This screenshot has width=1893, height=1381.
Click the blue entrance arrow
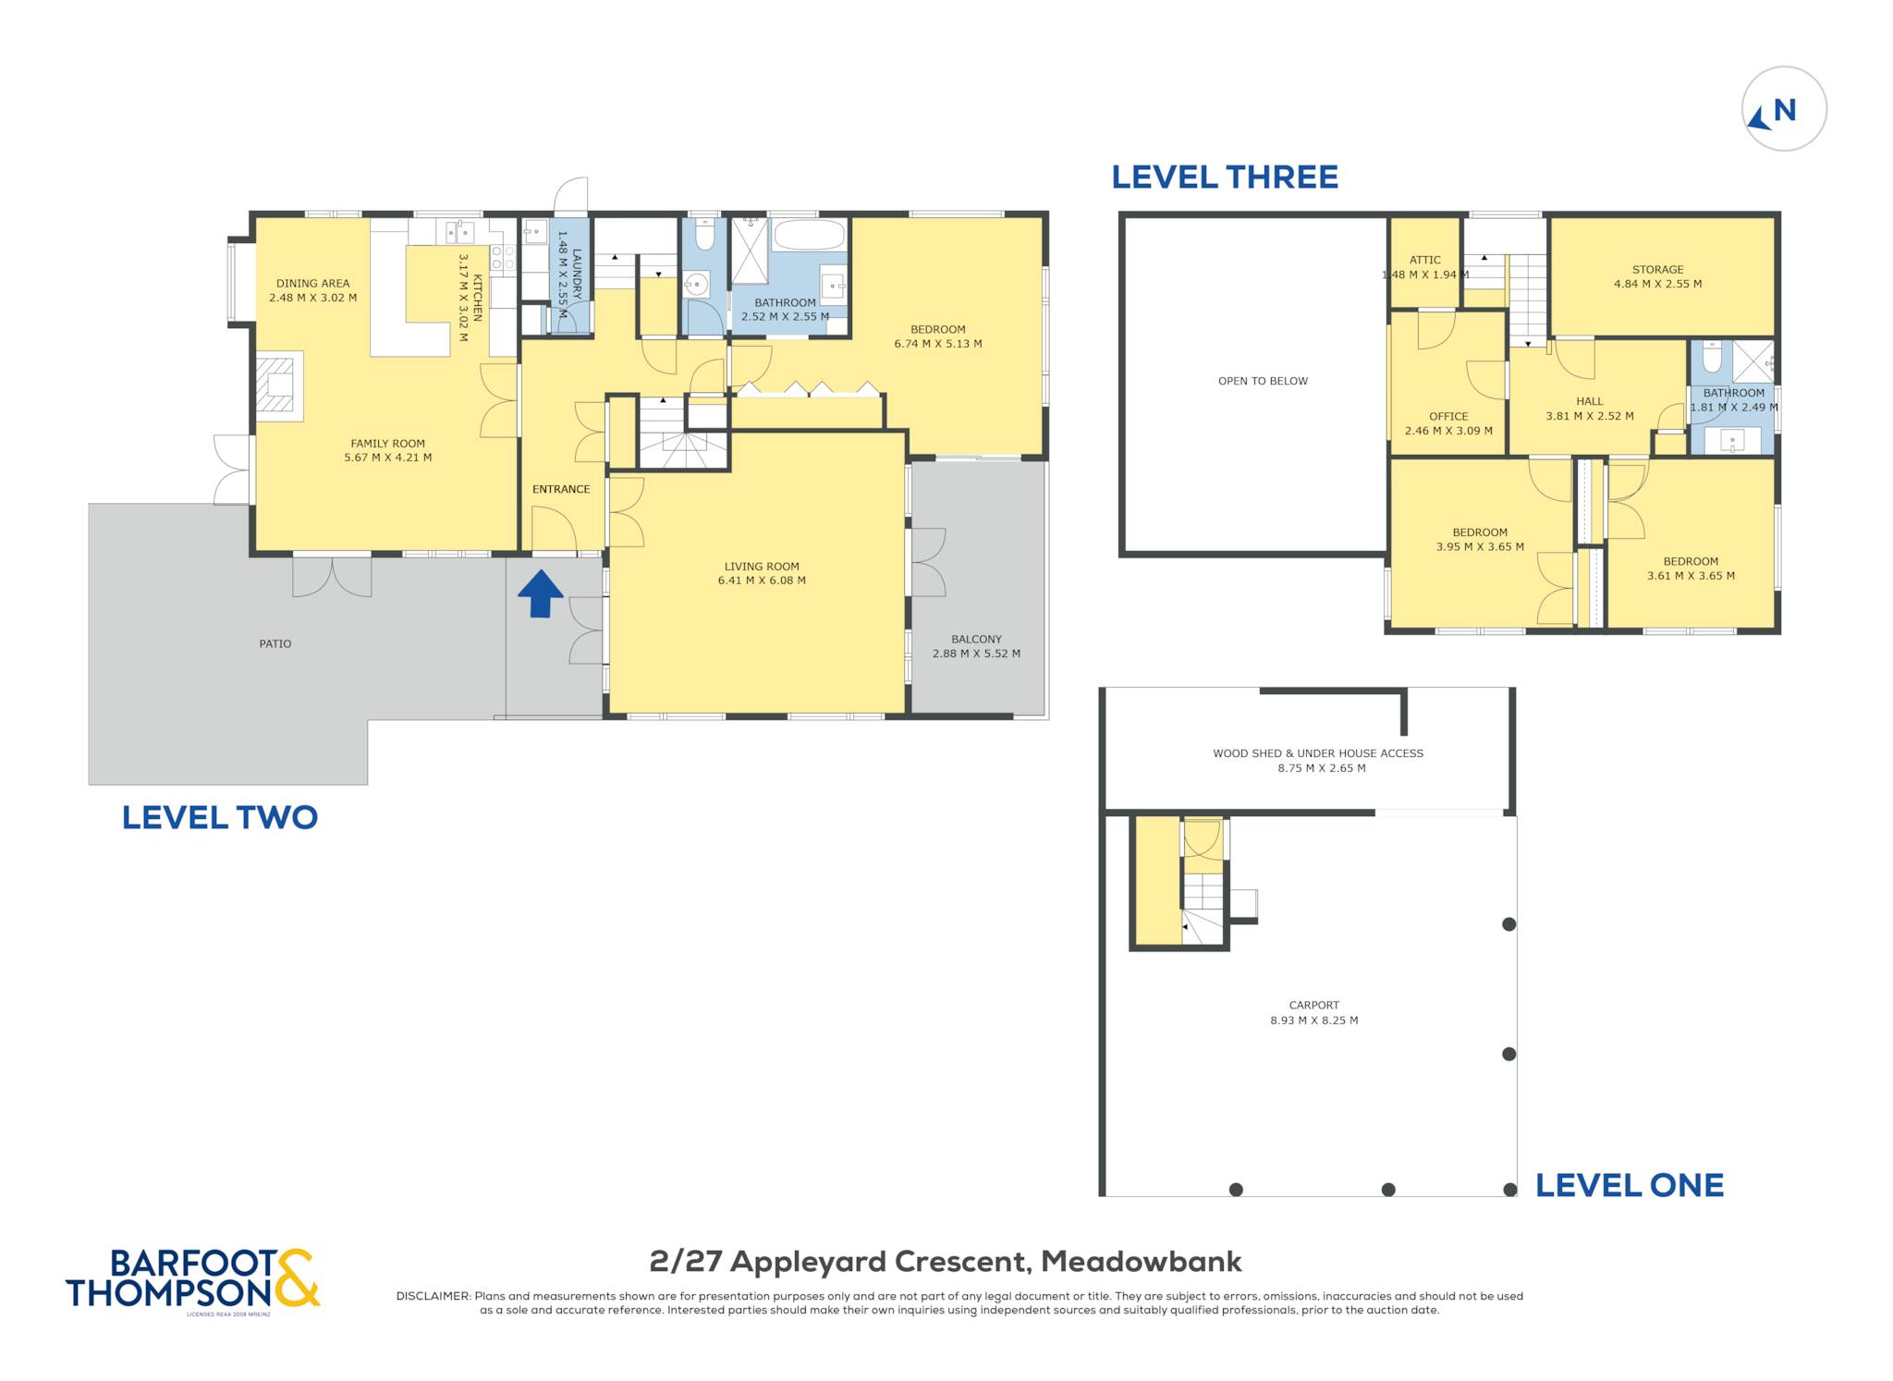(540, 593)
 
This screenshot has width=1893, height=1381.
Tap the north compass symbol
(1784, 109)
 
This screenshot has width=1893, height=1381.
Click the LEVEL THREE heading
(1225, 177)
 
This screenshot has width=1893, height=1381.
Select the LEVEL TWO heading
(220, 817)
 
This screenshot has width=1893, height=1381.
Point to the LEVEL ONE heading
(1630, 1185)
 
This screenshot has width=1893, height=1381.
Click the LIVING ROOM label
(762, 567)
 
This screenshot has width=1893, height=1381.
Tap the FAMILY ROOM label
(388, 444)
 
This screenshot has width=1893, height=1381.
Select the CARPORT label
(1314, 1006)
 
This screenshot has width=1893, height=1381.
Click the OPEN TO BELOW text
(1263, 381)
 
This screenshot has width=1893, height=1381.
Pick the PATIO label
(275, 644)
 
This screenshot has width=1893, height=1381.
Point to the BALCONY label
(977, 640)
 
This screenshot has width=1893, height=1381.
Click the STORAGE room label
(1658, 270)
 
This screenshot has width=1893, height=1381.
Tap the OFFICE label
(1448, 417)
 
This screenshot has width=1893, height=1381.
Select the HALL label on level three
(1590, 401)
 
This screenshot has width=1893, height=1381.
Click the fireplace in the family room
(279, 386)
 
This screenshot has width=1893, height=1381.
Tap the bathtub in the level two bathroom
(809, 235)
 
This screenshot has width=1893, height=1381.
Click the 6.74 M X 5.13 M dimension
(938, 344)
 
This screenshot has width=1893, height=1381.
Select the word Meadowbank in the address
(1142, 1262)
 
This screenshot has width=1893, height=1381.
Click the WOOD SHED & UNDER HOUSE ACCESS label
(1318, 753)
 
